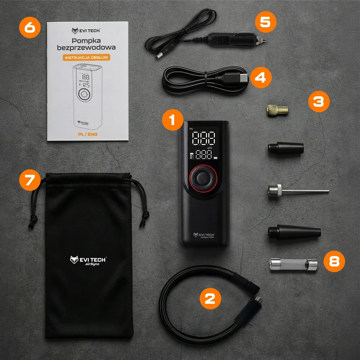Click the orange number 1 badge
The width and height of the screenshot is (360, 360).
point(172,120)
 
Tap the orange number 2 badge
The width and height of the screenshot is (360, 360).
point(210,298)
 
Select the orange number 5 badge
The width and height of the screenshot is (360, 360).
point(265,22)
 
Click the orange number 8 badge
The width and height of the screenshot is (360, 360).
point(334,261)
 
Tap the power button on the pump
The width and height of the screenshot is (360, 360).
point(203,179)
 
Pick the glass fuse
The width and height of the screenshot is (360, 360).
point(293,264)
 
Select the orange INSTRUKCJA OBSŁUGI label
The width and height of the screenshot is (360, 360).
point(86,58)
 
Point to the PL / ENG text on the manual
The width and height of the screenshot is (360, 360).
point(88,134)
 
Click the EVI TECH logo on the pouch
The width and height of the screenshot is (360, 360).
point(88,261)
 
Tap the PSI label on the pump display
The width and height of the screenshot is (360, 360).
point(191,129)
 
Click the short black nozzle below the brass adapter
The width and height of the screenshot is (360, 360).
point(285,149)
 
